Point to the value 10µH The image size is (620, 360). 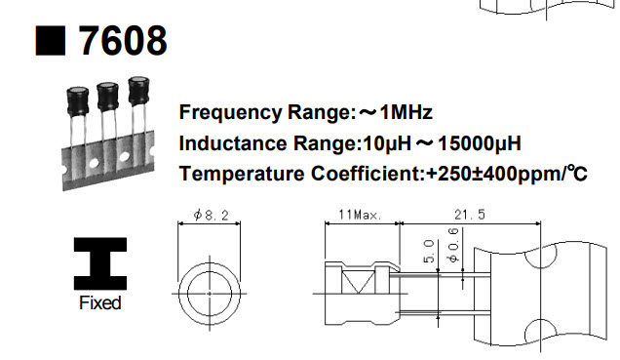(385, 143)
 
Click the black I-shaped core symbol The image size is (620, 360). (99, 261)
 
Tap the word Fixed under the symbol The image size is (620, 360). (99, 303)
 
